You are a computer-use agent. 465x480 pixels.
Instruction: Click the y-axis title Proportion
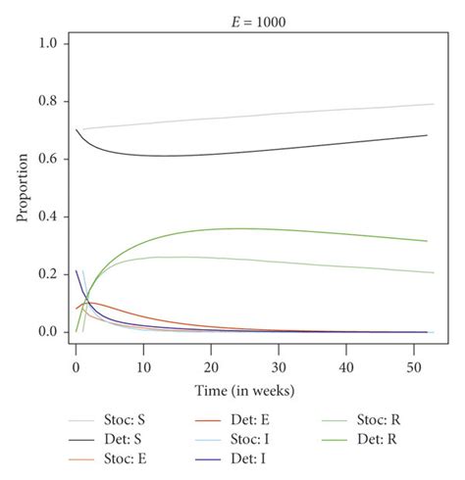coord(22,189)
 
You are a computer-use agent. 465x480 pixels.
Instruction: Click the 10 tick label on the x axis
coord(143,365)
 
